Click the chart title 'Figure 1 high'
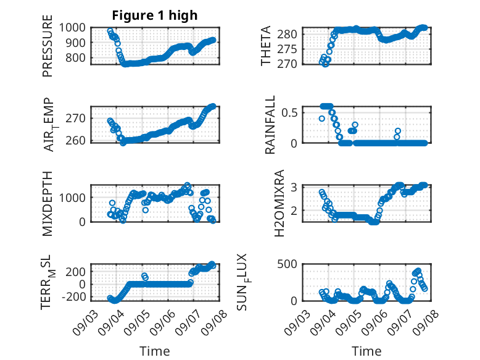(x=155, y=15)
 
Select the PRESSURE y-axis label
(x=48, y=46)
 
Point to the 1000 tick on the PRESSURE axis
(x=72, y=28)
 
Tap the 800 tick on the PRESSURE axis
(x=75, y=57)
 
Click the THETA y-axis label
(x=266, y=46)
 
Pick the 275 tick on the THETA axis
(x=287, y=49)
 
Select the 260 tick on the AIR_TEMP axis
(x=75, y=140)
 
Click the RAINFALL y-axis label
(x=270, y=125)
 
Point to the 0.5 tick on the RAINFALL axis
(x=289, y=112)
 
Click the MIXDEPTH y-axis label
(x=48, y=204)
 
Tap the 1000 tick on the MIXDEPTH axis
(x=72, y=198)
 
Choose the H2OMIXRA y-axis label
(x=279, y=203)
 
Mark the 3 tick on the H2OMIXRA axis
(x=294, y=186)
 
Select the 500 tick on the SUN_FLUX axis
(x=287, y=264)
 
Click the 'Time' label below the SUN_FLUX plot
(x=366, y=351)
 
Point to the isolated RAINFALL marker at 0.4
(x=321, y=119)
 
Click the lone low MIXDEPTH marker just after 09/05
(x=146, y=210)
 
